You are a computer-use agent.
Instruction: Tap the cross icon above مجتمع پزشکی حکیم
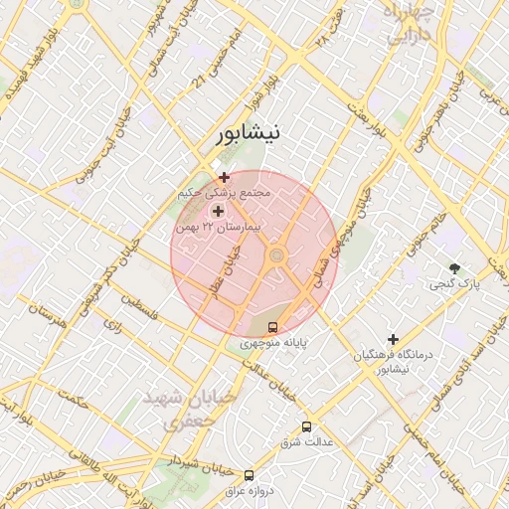[224, 177]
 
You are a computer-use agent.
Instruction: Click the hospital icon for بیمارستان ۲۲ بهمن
[218, 211]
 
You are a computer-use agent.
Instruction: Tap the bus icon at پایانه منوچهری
[272, 327]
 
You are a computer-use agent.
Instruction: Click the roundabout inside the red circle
[276, 257]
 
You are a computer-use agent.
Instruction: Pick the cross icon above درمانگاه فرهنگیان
[393, 339]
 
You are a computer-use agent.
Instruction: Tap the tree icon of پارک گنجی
[455, 268]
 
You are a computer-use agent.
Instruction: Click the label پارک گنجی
[455, 285]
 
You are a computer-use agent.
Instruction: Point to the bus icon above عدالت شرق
[306, 425]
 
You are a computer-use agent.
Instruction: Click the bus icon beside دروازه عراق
[249, 475]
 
